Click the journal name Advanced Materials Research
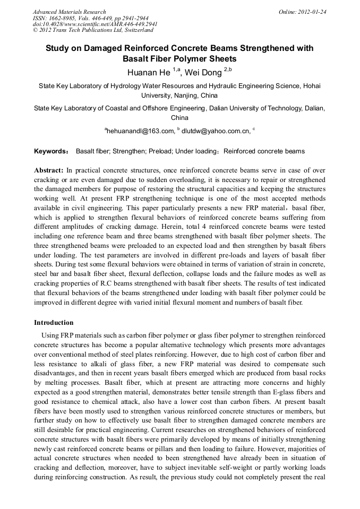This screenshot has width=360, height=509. click(69, 12)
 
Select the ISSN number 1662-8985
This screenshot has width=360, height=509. click(65, 18)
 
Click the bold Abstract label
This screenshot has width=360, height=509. click(48, 170)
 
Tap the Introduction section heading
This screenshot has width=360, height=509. click(54, 323)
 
